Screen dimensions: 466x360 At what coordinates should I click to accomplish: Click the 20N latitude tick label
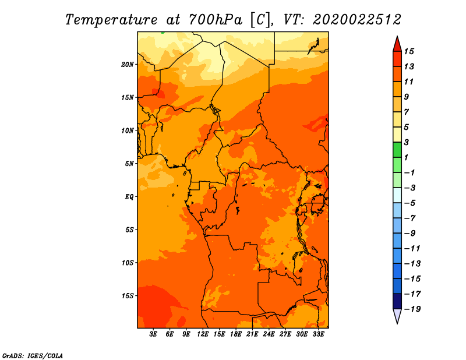pos(128,65)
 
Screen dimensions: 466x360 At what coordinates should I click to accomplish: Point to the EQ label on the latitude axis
pos(129,197)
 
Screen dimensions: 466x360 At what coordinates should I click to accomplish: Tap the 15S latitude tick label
pos(128,296)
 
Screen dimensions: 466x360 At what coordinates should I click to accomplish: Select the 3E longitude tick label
pos(153,334)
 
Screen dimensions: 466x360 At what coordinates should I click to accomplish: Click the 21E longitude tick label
pos(252,334)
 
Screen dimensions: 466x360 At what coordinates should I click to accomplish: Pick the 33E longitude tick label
pos(318,334)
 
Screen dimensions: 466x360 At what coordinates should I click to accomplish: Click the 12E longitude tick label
pos(203,334)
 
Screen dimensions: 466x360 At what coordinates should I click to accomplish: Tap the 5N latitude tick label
pos(129,164)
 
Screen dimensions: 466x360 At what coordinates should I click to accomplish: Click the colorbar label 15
pos(409,51)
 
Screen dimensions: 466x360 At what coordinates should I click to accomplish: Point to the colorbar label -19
pos(412,309)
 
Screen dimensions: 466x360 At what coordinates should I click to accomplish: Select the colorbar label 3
pos(407,142)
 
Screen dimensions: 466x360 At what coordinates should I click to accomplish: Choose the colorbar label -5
pos(409,203)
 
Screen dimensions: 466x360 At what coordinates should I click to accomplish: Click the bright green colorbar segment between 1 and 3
pos(397,150)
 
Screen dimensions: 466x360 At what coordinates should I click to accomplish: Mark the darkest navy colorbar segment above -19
pos(397,301)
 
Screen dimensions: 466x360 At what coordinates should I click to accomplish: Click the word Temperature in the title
pos(111,20)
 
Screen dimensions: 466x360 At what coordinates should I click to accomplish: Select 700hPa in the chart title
pos(215,20)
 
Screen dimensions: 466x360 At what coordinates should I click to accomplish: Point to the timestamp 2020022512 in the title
pos(357,20)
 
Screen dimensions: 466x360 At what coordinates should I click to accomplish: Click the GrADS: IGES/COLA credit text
pos(33,356)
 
